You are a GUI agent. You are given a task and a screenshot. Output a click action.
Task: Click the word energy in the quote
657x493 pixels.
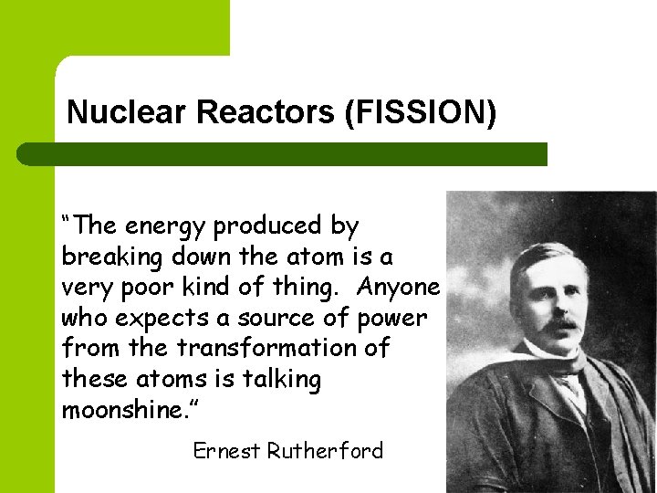click(162, 226)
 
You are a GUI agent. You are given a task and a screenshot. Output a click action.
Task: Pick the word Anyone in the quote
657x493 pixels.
click(399, 287)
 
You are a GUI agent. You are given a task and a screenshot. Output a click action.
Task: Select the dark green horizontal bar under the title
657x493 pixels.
click(283, 153)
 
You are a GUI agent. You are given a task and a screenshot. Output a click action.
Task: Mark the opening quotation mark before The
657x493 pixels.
click(68, 221)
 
